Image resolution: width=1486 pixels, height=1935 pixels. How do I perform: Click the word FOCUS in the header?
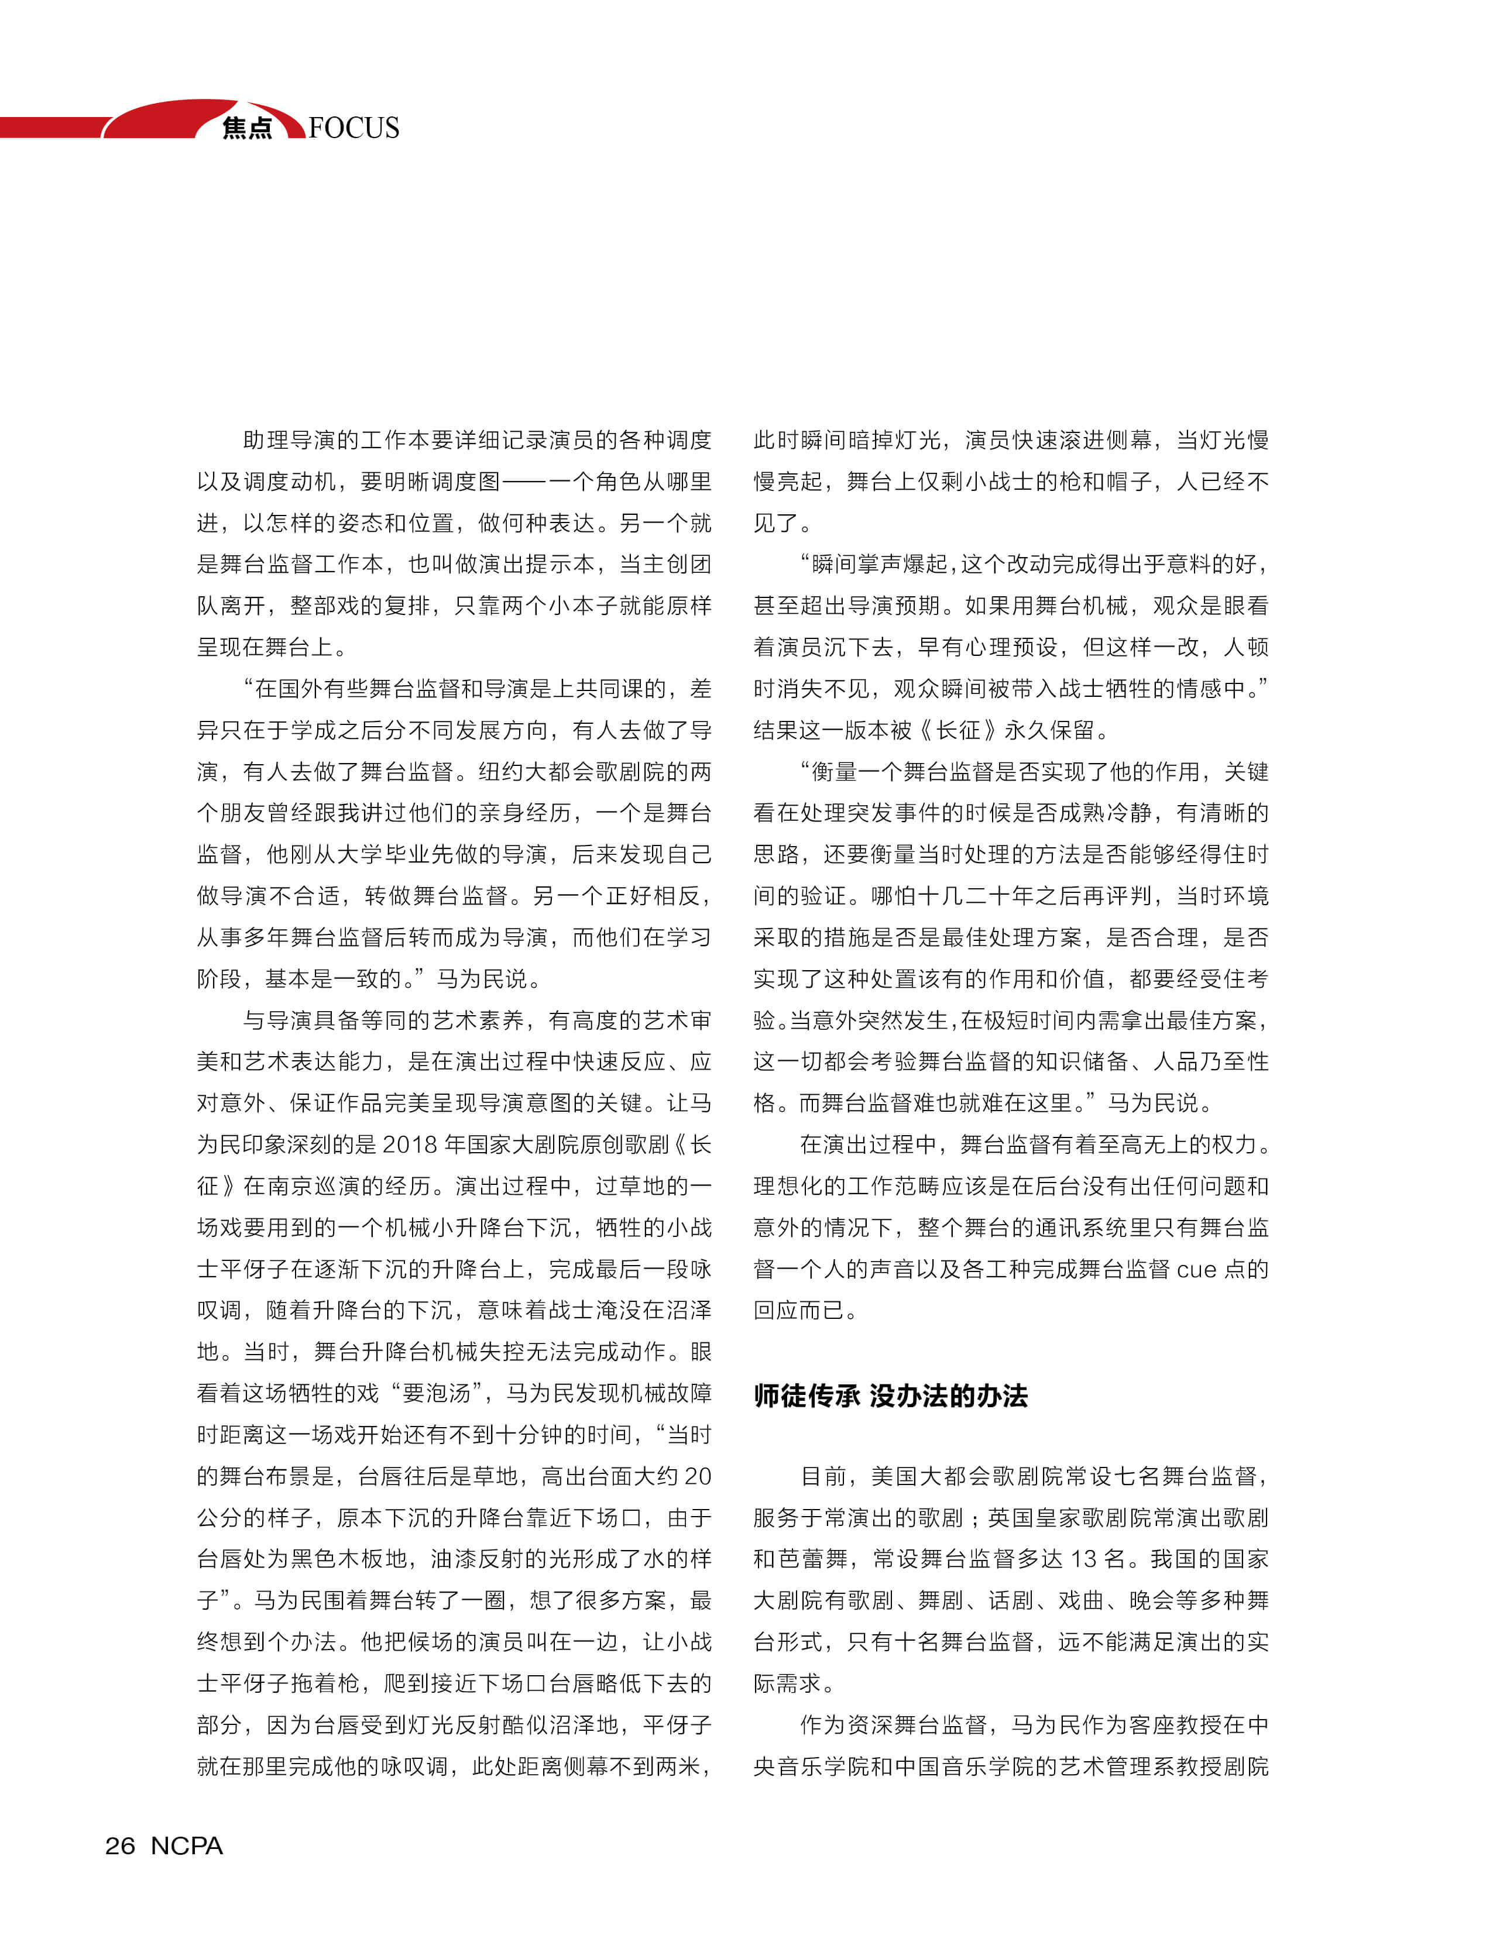point(354,128)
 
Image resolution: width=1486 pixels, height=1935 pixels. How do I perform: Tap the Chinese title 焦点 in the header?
point(247,128)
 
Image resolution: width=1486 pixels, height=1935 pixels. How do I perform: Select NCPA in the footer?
point(187,1845)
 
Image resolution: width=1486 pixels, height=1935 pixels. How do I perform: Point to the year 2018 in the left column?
point(410,1144)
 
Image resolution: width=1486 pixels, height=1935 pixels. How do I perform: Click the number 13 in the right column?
point(1085,1559)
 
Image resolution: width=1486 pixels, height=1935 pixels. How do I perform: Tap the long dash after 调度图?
point(524,482)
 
